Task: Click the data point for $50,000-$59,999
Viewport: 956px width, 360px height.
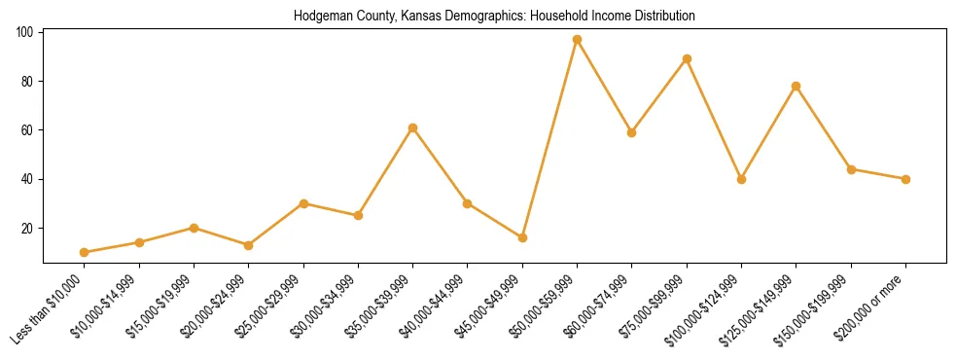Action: click(x=577, y=40)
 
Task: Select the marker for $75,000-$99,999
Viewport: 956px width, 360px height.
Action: click(x=687, y=59)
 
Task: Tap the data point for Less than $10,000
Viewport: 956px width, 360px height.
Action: click(x=85, y=252)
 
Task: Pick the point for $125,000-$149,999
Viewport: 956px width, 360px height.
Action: click(x=797, y=86)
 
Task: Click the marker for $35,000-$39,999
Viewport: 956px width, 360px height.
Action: click(x=413, y=127)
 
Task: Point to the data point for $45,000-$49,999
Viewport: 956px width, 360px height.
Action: click(x=522, y=237)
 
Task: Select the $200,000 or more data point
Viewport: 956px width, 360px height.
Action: click(x=905, y=179)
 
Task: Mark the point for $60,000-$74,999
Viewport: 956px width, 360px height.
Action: click(x=632, y=132)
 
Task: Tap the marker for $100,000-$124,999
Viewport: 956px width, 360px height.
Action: click(x=741, y=179)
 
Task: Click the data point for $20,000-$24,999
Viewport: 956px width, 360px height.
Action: click(x=249, y=245)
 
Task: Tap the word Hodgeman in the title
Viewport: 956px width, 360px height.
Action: click(x=319, y=17)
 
